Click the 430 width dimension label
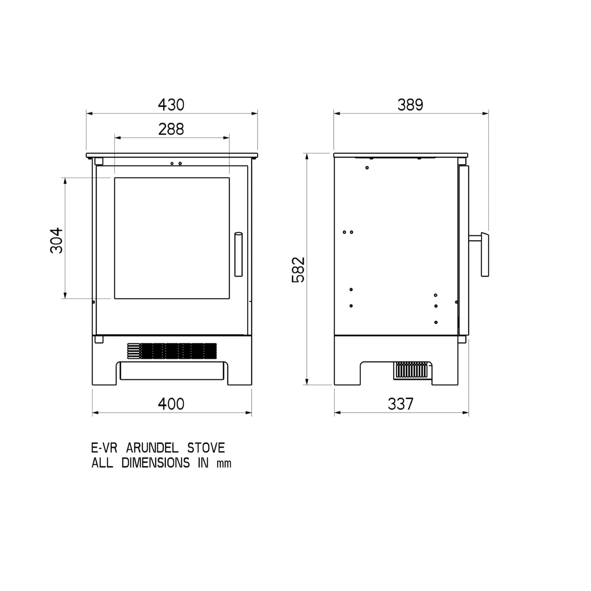point(171,105)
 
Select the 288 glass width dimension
point(171,129)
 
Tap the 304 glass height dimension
point(56,240)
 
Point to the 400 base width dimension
point(171,404)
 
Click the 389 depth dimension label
point(410,105)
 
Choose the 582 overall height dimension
point(298,269)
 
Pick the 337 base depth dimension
point(400,404)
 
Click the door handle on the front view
point(238,254)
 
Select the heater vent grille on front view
point(172,351)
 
